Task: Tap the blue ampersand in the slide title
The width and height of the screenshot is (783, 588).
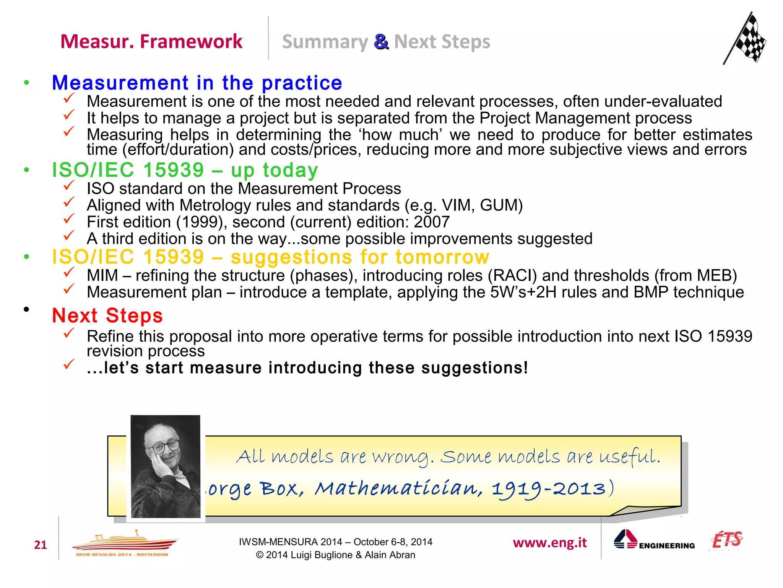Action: pos(381,42)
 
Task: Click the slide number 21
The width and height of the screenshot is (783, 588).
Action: pos(41,545)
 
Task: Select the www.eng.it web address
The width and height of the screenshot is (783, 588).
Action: pos(550,543)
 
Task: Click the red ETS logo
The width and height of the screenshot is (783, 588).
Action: pos(727,540)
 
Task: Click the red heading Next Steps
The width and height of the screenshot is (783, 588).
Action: pos(107,316)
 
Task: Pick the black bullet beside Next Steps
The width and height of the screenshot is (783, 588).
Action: pos(26,309)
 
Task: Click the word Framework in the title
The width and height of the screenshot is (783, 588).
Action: pos(191,41)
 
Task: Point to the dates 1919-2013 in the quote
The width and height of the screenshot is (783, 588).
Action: pos(549,489)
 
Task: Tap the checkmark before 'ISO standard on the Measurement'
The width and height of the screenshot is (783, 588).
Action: pos(69,186)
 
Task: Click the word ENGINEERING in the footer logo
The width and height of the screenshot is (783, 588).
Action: pos(667,546)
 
